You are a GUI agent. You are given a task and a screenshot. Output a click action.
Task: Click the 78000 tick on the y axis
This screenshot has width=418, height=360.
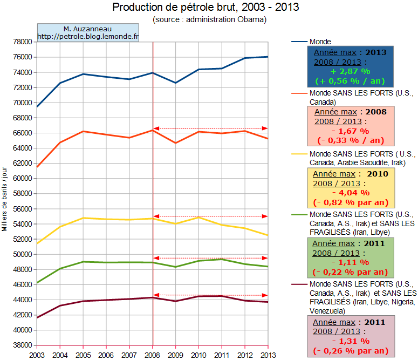[24, 42]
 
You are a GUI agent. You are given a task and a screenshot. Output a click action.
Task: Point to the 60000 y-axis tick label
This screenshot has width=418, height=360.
[24, 178]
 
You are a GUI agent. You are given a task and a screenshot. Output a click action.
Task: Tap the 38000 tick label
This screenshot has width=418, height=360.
[24, 345]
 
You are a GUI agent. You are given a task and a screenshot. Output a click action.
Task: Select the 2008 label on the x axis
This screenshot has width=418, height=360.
[153, 355]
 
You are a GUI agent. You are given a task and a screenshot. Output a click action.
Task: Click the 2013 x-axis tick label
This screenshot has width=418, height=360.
[268, 355]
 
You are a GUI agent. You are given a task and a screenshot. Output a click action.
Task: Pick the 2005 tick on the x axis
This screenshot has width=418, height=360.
[83, 355]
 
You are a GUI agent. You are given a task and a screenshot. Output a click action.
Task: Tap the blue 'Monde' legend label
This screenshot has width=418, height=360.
[320, 42]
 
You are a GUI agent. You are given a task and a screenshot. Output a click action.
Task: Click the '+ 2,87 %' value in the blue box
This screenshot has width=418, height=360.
[350, 71]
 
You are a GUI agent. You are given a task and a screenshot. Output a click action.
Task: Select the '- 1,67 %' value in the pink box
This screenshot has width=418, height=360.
[350, 131]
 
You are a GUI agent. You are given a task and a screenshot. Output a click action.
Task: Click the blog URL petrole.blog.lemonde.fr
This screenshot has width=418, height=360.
[88, 37]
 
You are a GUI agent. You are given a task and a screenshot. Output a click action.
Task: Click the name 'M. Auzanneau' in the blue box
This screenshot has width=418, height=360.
[87, 29]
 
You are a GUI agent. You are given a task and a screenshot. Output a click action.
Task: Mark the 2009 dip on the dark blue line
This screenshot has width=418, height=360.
[176, 83]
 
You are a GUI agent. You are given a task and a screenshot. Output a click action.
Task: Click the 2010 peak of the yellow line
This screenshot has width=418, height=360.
[198, 217]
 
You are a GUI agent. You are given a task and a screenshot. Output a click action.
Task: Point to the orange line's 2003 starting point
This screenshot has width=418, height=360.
[37, 167]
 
